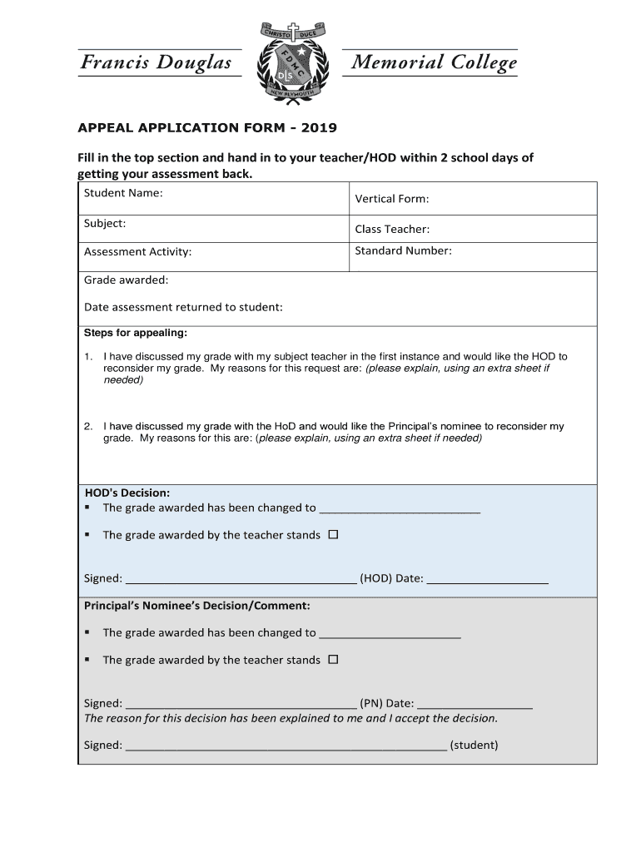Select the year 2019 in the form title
(320, 128)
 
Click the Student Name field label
(123, 193)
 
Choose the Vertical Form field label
(392, 199)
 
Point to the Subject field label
(105, 223)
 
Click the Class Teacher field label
(392, 229)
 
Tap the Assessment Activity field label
(137, 251)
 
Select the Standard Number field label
(403, 250)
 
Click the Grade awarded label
(126, 280)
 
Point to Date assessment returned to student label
(183, 307)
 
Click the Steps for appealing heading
(136, 333)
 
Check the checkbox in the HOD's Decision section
(333, 535)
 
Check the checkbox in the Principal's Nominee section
(333, 660)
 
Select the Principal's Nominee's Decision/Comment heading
(197, 605)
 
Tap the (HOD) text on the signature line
(375, 578)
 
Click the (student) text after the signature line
(474, 745)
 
